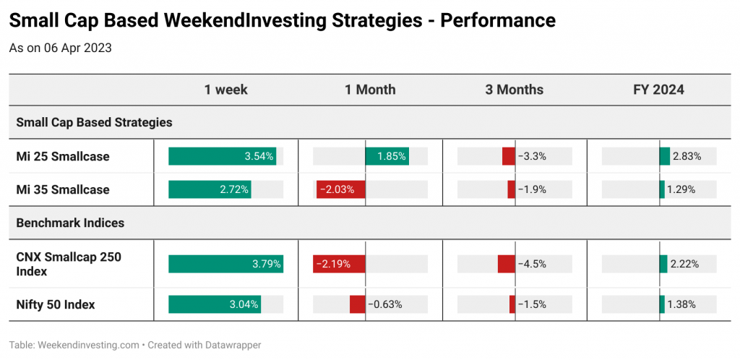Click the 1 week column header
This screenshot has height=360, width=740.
click(225, 90)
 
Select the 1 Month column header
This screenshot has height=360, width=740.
click(370, 90)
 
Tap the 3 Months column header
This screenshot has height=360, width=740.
click(515, 90)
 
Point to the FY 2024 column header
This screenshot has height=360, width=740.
click(659, 90)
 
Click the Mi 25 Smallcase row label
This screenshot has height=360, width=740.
click(63, 156)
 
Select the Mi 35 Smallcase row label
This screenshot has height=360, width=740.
click(63, 189)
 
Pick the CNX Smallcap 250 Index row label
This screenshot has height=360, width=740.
click(69, 265)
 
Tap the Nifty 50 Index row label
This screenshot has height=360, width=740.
click(56, 305)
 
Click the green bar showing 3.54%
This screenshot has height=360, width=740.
click(223, 156)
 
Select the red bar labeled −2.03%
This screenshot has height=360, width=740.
click(341, 189)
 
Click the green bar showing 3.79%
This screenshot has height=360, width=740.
click(226, 265)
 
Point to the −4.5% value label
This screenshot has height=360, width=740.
click(532, 265)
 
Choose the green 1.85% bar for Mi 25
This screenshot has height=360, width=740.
click(387, 156)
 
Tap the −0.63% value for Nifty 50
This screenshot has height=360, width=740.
click(384, 305)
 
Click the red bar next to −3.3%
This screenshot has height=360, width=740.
click(509, 156)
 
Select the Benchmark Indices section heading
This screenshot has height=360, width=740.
click(70, 223)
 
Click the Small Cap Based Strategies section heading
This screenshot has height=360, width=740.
click(95, 123)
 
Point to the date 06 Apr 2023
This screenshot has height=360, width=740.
click(78, 48)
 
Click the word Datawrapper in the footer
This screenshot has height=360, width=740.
click(233, 345)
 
